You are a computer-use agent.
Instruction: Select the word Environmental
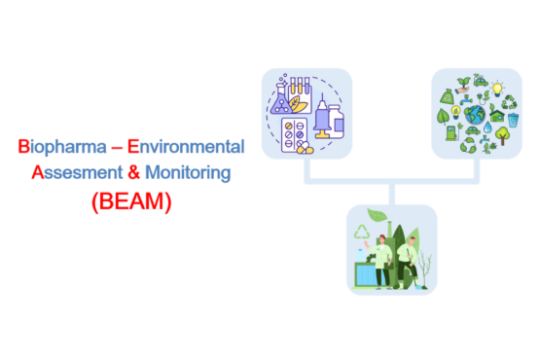pyautogui.click(x=186, y=146)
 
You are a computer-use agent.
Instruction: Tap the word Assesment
pyautogui.click(x=77, y=172)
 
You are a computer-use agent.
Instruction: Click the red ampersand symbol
pyautogui.click(x=133, y=172)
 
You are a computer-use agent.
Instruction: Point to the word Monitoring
pyautogui.click(x=188, y=173)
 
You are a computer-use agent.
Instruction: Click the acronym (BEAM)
pyautogui.click(x=131, y=201)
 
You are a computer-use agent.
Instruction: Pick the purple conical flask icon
pyautogui.click(x=280, y=99)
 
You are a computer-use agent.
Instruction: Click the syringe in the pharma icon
pyautogui.click(x=322, y=116)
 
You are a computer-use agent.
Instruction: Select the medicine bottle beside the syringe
pyautogui.click(x=337, y=122)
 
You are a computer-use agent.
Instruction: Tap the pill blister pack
pyautogui.click(x=295, y=135)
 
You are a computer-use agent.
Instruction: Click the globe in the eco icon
pyautogui.click(x=475, y=115)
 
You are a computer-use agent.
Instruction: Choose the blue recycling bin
pyautogui.click(x=513, y=120)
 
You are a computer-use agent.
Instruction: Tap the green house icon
pyautogui.click(x=497, y=116)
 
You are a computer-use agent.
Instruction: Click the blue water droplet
pyautogui.click(x=487, y=127)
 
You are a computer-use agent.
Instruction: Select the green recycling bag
pyautogui.click(x=448, y=96)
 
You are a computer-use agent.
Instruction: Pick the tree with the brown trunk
pyautogui.click(x=502, y=135)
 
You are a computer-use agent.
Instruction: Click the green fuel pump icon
pyautogui.click(x=451, y=133)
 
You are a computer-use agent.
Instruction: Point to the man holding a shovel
pyautogui.click(x=408, y=261)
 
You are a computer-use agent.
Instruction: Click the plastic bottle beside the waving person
pyautogui.click(x=360, y=256)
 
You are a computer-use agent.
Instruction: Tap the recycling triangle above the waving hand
pyautogui.click(x=362, y=233)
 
